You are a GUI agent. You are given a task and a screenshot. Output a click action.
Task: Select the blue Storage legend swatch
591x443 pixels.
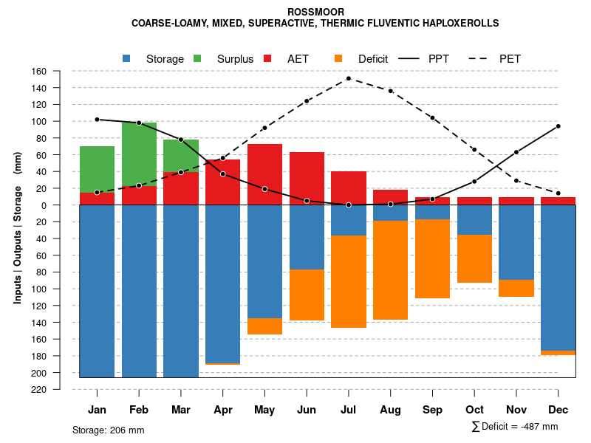[127, 58]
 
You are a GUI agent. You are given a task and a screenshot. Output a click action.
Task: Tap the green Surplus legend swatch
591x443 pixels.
[197, 58]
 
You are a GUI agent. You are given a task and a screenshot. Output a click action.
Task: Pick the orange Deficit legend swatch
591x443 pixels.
[338, 58]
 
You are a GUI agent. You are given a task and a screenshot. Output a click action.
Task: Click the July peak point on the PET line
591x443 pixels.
[348, 78]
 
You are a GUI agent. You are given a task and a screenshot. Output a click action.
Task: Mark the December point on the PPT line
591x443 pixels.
[558, 126]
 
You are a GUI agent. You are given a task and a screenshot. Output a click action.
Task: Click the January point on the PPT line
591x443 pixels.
[97, 120]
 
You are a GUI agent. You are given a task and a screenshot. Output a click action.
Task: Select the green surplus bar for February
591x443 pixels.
[139, 154]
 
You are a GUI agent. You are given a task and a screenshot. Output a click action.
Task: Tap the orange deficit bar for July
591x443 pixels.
[348, 281]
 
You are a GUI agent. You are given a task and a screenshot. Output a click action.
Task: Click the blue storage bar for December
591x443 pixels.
[558, 278]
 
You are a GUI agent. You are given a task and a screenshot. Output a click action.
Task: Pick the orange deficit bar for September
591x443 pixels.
[432, 258]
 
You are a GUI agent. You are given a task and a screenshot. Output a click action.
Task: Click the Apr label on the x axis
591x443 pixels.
[223, 410]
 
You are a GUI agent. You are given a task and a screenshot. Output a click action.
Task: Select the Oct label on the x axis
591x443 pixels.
[474, 410]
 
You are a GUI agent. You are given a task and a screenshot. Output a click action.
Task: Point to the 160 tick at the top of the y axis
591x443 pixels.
[39, 72]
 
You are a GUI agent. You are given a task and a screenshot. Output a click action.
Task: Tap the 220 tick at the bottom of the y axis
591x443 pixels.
[39, 390]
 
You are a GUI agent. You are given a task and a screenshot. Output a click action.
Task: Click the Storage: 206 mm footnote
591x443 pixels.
[109, 430]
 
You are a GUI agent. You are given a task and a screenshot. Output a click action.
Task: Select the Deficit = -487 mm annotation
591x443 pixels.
[515, 427]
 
